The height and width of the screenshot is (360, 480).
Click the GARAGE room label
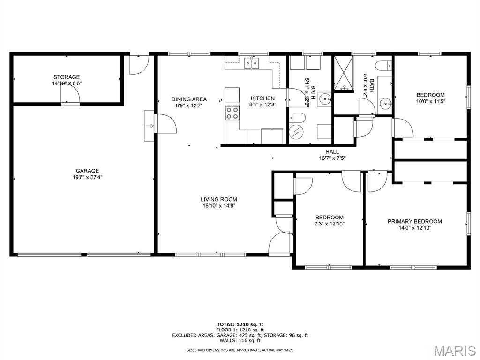click(x=87, y=171)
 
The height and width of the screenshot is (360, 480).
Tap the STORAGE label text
click(x=67, y=77)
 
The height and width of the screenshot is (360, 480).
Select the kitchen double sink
click(x=252, y=63)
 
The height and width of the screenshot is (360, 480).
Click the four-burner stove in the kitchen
click(x=232, y=113)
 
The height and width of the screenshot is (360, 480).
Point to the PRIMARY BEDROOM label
click(x=415, y=221)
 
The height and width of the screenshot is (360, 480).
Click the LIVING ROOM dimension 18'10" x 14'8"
click(x=219, y=206)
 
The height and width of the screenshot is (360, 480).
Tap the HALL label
click(x=332, y=152)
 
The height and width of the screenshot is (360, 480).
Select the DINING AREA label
click(x=189, y=99)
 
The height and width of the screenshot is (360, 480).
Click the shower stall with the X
click(x=343, y=73)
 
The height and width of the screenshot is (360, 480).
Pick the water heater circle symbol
click(x=296, y=132)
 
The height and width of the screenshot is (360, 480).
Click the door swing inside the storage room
click(x=70, y=93)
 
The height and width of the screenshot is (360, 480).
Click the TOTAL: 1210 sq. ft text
click(x=240, y=324)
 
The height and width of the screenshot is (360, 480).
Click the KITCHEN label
click(x=262, y=98)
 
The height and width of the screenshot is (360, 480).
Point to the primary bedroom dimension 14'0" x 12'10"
click(x=415, y=228)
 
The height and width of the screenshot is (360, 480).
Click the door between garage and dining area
click(x=165, y=123)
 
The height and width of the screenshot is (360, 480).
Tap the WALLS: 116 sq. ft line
click(x=240, y=340)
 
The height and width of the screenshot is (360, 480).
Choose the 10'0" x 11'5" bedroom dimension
click(x=430, y=101)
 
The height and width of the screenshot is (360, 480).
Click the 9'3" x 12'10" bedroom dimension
click(x=330, y=224)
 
